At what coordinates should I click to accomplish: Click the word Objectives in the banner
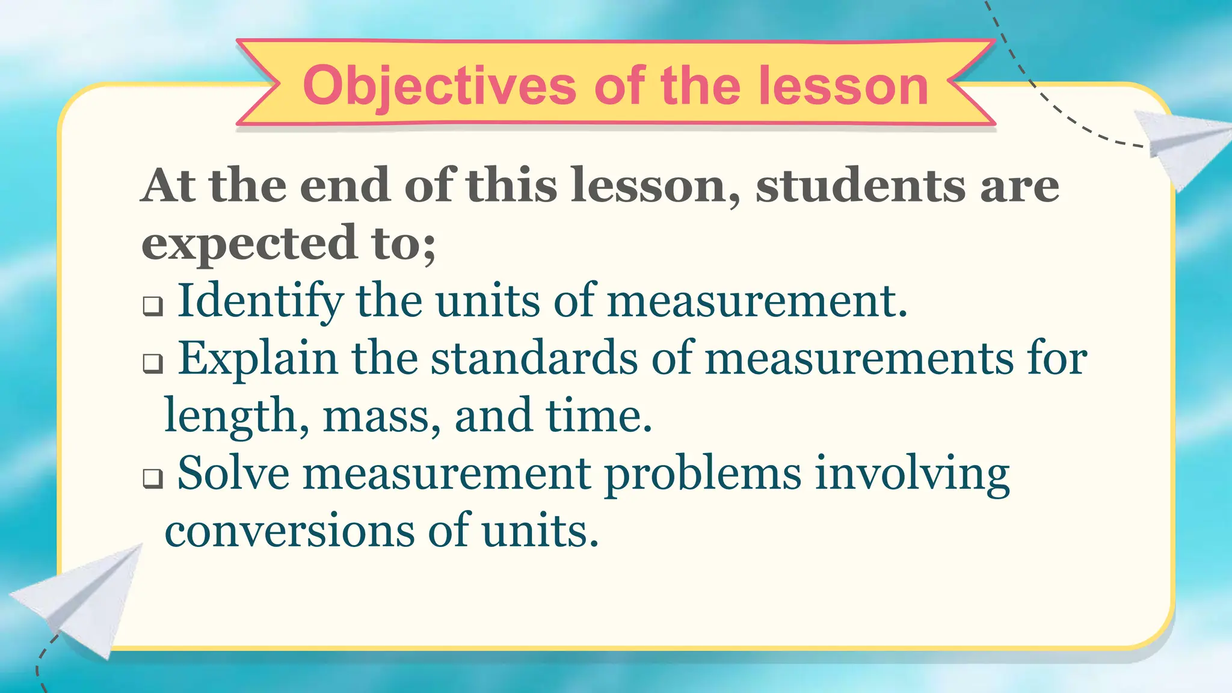click(440, 86)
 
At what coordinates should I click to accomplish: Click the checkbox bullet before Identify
click(153, 306)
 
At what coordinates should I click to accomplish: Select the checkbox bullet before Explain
click(153, 363)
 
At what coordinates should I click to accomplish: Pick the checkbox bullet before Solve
click(153, 479)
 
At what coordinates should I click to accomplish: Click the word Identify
click(260, 300)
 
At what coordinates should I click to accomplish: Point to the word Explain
click(257, 359)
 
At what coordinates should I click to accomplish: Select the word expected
click(249, 242)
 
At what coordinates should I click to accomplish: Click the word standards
click(534, 359)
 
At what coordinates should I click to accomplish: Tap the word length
click(231, 416)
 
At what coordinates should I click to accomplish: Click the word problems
click(703, 474)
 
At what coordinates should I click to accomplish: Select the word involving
click(912, 474)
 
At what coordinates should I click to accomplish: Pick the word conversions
click(289, 531)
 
